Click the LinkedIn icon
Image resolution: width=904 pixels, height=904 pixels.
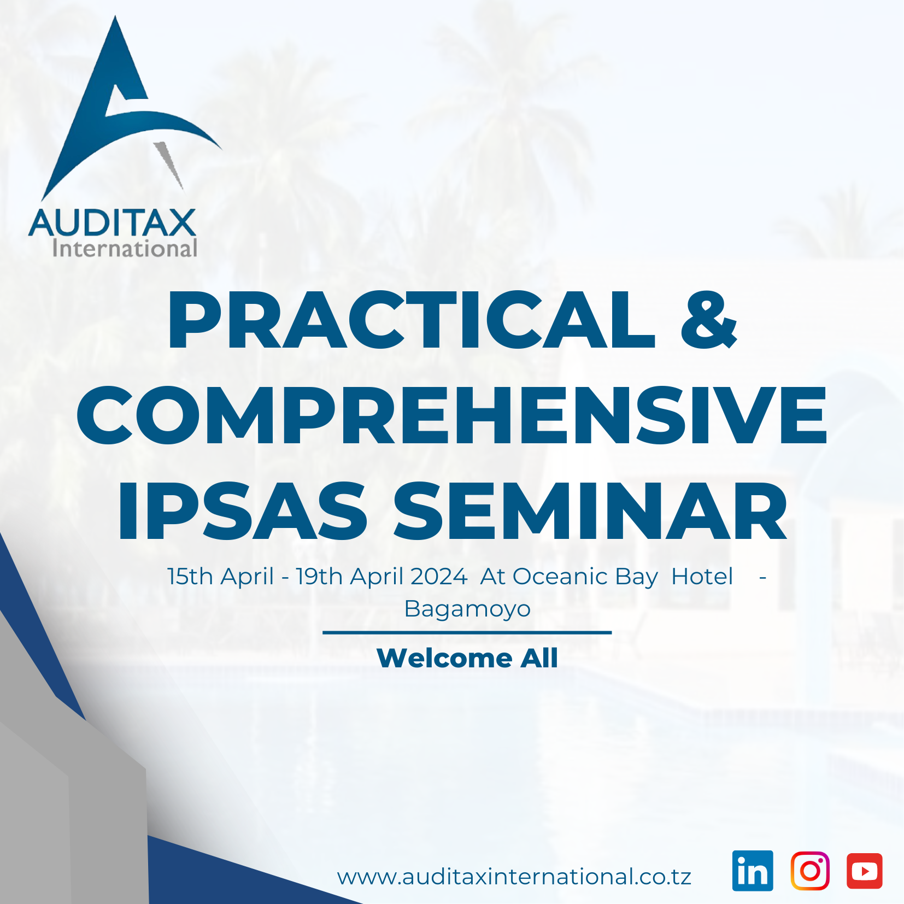pos(753,871)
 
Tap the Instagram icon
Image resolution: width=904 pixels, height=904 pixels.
pos(810,871)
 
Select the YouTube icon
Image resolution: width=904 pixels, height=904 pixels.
pos(864,871)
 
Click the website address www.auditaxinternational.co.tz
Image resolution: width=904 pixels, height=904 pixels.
pos(514,877)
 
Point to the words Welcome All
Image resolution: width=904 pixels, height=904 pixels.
pos(467,658)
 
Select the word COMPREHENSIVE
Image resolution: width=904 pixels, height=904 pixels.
pos(452,415)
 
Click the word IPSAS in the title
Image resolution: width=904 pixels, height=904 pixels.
pos(243,512)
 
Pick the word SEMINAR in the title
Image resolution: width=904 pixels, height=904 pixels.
pos(590,512)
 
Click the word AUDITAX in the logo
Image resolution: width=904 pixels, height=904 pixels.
pos(112,223)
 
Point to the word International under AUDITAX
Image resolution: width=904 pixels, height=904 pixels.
pos(125,249)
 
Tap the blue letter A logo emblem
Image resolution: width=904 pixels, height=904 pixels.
pos(125,109)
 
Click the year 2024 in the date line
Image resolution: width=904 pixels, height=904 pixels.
pos(439,577)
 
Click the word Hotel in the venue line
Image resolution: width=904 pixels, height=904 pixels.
pos(702,577)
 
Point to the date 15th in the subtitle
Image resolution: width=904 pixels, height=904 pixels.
pos(190,577)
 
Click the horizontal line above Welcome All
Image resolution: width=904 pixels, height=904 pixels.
pos(467,632)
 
